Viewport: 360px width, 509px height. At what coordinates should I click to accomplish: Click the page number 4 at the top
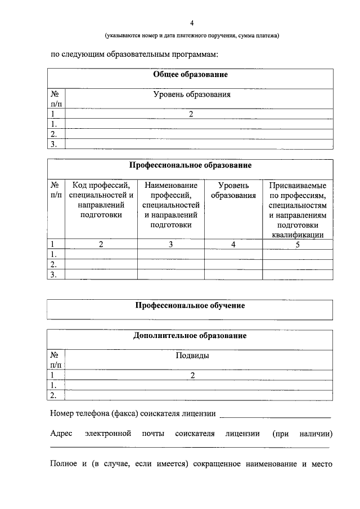click(x=191, y=23)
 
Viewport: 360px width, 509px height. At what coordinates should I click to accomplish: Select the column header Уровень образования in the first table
click(x=192, y=94)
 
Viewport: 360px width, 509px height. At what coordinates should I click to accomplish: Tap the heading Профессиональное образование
click(x=191, y=165)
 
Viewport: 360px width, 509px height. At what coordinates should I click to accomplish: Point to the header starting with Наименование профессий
click(x=171, y=205)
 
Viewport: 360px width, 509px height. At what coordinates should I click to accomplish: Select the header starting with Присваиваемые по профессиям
click(x=297, y=210)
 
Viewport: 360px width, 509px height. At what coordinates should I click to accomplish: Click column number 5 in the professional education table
click(x=297, y=244)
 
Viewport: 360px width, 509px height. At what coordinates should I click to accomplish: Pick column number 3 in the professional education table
click(x=171, y=244)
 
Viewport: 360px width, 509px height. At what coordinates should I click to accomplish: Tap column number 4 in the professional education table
click(x=233, y=244)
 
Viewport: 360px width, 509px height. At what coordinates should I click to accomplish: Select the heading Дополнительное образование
click(x=191, y=336)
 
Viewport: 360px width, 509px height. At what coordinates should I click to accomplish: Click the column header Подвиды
click(x=192, y=355)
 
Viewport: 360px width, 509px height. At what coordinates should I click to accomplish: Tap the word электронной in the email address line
click(x=109, y=434)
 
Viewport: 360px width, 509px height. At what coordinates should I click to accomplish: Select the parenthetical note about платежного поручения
click(x=192, y=36)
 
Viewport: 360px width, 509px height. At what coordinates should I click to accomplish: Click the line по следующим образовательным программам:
click(x=134, y=55)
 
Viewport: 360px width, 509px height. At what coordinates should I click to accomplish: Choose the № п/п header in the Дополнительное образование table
click(x=56, y=360)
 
